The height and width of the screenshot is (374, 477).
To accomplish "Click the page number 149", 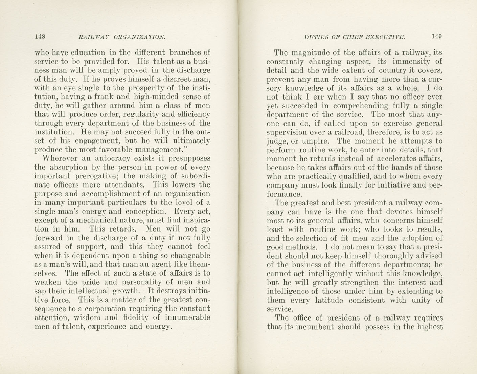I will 437,36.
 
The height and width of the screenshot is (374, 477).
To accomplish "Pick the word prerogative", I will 97,176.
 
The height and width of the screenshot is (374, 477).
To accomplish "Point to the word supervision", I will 287,132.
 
